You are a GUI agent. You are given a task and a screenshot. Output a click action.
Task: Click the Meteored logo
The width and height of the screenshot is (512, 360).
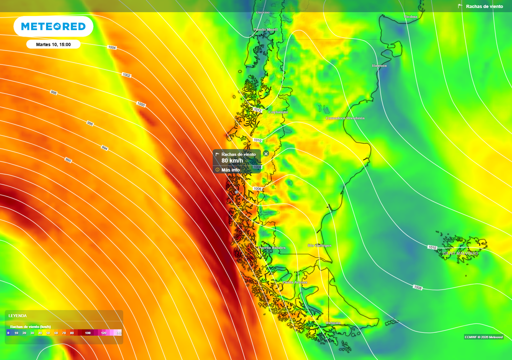pyautogui.click(x=53, y=26)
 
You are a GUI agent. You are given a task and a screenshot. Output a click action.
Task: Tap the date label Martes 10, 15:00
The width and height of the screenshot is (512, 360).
pyautogui.click(x=53, y=44)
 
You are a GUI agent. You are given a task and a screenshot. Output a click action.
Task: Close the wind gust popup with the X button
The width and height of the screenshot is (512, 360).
pyautogui.click(x=266, y=153)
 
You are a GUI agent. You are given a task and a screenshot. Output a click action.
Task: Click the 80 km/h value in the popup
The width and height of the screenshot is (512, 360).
pyautogui.click(x=232, y=160)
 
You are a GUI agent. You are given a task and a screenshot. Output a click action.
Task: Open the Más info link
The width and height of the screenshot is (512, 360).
pyautogui.click(x=230, y=170)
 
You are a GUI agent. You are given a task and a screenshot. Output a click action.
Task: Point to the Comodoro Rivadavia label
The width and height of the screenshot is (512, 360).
pyautogui.click(x=345, y=118)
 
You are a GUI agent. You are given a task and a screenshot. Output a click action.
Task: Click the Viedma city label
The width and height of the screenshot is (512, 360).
pyautogui.click(x=410, y=16)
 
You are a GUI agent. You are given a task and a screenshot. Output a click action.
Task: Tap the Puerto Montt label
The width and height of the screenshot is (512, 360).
pyautogui.click(x=265, y=29)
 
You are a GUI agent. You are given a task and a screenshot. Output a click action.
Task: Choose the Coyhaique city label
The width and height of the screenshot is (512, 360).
pyautogui.click(x=278, y=112)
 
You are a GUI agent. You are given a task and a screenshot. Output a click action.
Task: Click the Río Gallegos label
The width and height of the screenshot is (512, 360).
pyautogui.click(x=319, y=245)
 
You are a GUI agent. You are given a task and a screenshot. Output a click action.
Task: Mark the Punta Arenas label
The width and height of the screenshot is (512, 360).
pyautogui.click(x=295, y=282)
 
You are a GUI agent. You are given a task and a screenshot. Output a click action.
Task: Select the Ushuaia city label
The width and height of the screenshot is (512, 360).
pyautogui.click(x=333, y=322)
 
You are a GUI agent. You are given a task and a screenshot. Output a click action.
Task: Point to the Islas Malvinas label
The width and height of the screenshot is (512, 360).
pyautogui.click(x=459, y=253)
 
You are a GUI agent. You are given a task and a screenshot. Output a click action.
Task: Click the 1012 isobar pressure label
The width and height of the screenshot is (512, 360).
pyautogui.click(x=258, y=110)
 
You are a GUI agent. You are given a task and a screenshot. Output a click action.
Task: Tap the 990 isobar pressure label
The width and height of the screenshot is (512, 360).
pyautogui.click(x=68, y=160)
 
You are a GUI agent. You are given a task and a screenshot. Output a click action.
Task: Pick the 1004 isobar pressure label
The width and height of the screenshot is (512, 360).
pyautogui.click(x=112, y=47)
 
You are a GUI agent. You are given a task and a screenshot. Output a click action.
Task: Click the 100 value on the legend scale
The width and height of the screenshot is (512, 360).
pyautogui.click(x=87, y=332)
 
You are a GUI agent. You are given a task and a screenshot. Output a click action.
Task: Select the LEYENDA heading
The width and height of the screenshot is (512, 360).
pyautogui.click(x=17, y=316)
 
